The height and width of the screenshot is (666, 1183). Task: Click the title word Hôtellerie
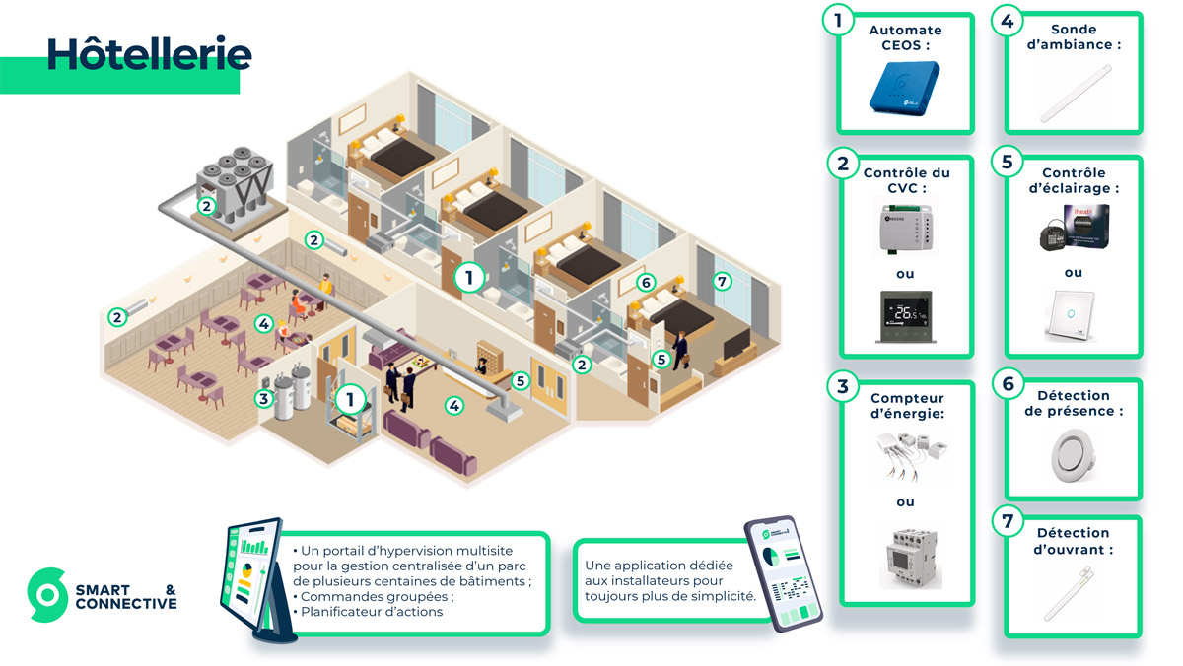pyautogui.click(x=149, y=54)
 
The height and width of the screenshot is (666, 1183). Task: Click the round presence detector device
pyautogui.click(x=1073, y=454)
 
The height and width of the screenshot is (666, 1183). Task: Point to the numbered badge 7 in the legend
pyautogui.click(x=1008, y=521)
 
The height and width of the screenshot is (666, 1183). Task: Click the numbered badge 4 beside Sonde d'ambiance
pyautogui.click(x=1008, y=19)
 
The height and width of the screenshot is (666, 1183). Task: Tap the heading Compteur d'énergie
pyautogui.click(x=907, y=406)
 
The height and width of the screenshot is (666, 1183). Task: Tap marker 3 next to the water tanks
pyautogui.click(x=263, y=398)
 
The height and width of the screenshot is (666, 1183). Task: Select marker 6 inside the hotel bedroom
pyautogui.click(x=646, y=283)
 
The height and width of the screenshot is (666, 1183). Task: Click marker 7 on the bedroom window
pyautogui.click(x=724, y=282)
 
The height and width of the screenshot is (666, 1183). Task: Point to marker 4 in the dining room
pyautogui.click(x=263, y=322)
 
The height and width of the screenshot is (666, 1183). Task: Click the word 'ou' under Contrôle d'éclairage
pyautogui.click(x=1073, y=272)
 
